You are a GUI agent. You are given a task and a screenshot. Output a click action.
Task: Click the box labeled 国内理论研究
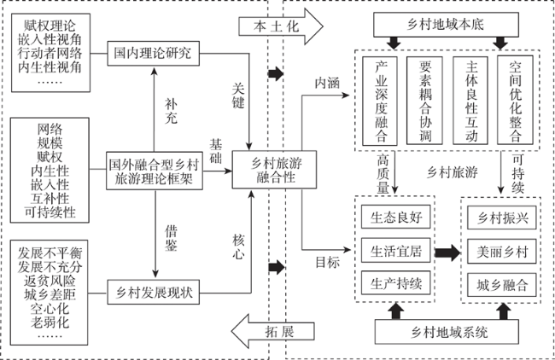pos(153,54)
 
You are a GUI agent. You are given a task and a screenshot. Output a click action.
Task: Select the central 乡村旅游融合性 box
pos(274,170)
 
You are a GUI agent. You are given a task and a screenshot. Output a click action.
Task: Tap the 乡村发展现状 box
pos(153,292)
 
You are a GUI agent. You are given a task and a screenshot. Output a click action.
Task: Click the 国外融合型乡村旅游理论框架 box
pos(155,171)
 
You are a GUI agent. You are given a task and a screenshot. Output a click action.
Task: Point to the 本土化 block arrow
pos(281,26)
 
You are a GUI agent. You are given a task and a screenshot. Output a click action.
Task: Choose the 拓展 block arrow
pos(273,331)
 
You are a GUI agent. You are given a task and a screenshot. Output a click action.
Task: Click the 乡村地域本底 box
pos(446,25)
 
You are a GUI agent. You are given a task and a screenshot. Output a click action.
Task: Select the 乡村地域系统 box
pos(447,332)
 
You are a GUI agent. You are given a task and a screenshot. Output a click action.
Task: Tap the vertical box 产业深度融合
pos(380,101)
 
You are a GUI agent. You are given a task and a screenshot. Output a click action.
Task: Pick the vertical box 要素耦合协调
pos(424,101)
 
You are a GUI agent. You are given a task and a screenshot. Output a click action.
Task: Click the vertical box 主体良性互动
pos(470,101)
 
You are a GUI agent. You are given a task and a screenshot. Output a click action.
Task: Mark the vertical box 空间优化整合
pos(515,100)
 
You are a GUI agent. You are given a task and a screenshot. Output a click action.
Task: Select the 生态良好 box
pos(395,217)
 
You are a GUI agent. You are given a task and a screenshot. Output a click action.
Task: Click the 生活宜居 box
pos(395,250)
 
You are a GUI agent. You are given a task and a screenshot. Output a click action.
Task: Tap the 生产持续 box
pos(395,283)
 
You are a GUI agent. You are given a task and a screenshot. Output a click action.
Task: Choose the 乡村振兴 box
pos(502,218)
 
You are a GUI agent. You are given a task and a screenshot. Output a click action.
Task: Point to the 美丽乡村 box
pos(502,252)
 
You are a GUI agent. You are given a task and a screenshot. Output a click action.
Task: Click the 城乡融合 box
pos(502,285)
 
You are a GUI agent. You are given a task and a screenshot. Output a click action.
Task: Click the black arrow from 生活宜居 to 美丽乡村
pos(447,253)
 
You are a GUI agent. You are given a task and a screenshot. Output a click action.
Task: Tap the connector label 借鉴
pos(171,238)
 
